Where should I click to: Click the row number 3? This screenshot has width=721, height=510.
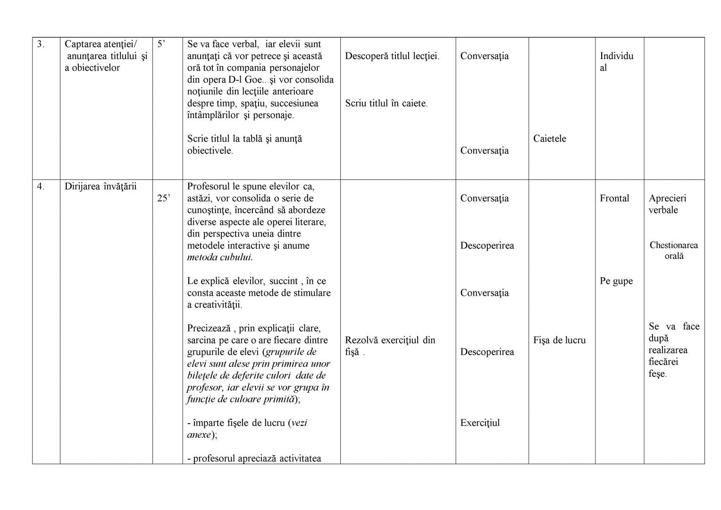point(41,44)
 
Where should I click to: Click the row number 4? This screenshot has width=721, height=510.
point(41,187)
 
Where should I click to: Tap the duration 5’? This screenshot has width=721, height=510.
point(161,44)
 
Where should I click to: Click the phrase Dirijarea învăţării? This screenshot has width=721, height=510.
point(101,187)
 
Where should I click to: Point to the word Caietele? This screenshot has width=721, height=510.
point(549,139)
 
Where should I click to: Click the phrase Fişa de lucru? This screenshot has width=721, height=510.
point(559,340)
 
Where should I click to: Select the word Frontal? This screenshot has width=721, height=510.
point(614,198)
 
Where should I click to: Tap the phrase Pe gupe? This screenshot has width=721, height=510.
point(616,281)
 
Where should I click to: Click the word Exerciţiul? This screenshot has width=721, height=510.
point(480,423)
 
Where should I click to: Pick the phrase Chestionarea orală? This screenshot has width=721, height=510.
point(673,251)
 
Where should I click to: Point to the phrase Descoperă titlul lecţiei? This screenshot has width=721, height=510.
point(392,56)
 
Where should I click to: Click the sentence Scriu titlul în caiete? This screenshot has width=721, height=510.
point(386,103)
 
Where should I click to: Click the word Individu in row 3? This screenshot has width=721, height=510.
point(616,56)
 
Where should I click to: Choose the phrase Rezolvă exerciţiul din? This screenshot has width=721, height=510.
point(390,340)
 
